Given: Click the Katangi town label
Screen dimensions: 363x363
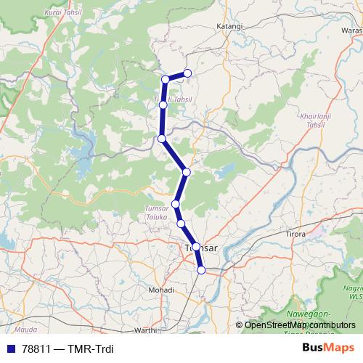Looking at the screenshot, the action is pos(229,26).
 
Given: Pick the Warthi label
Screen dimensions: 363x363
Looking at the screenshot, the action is pos(145,330).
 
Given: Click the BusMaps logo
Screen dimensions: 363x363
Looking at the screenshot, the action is pos(327,347).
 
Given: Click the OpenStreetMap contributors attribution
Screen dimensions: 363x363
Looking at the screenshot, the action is pos(300,325).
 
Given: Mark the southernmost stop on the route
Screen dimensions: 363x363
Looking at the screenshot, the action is pos(201,270).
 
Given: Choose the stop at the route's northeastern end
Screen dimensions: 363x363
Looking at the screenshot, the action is pos(187,73).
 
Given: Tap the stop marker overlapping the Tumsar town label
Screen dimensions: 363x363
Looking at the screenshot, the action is pos(196,248).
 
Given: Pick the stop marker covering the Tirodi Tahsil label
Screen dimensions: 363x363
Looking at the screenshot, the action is pos(163,105).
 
